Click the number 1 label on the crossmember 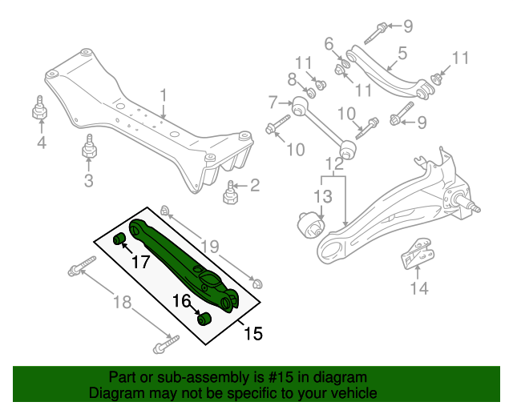[x=164, y=98]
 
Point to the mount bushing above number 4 [x=38, y=109]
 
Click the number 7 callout [x=273, y=102]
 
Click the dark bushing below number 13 [x=312, y=226]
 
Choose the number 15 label [x=253, y=332]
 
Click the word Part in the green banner [x=123, y=377]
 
